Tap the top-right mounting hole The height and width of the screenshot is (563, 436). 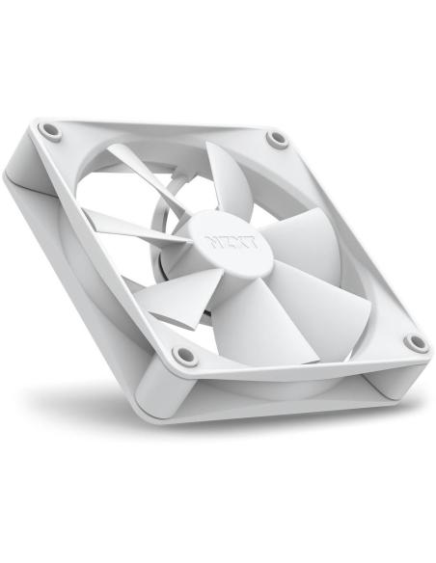[x=278, y=141]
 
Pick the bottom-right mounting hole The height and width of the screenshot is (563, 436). [x=415, y=342]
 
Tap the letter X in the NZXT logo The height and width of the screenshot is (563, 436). [x=240, y=241]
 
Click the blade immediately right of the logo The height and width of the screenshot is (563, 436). [x=309, y=236]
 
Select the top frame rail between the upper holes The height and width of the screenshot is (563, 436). [x=164, y=127]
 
